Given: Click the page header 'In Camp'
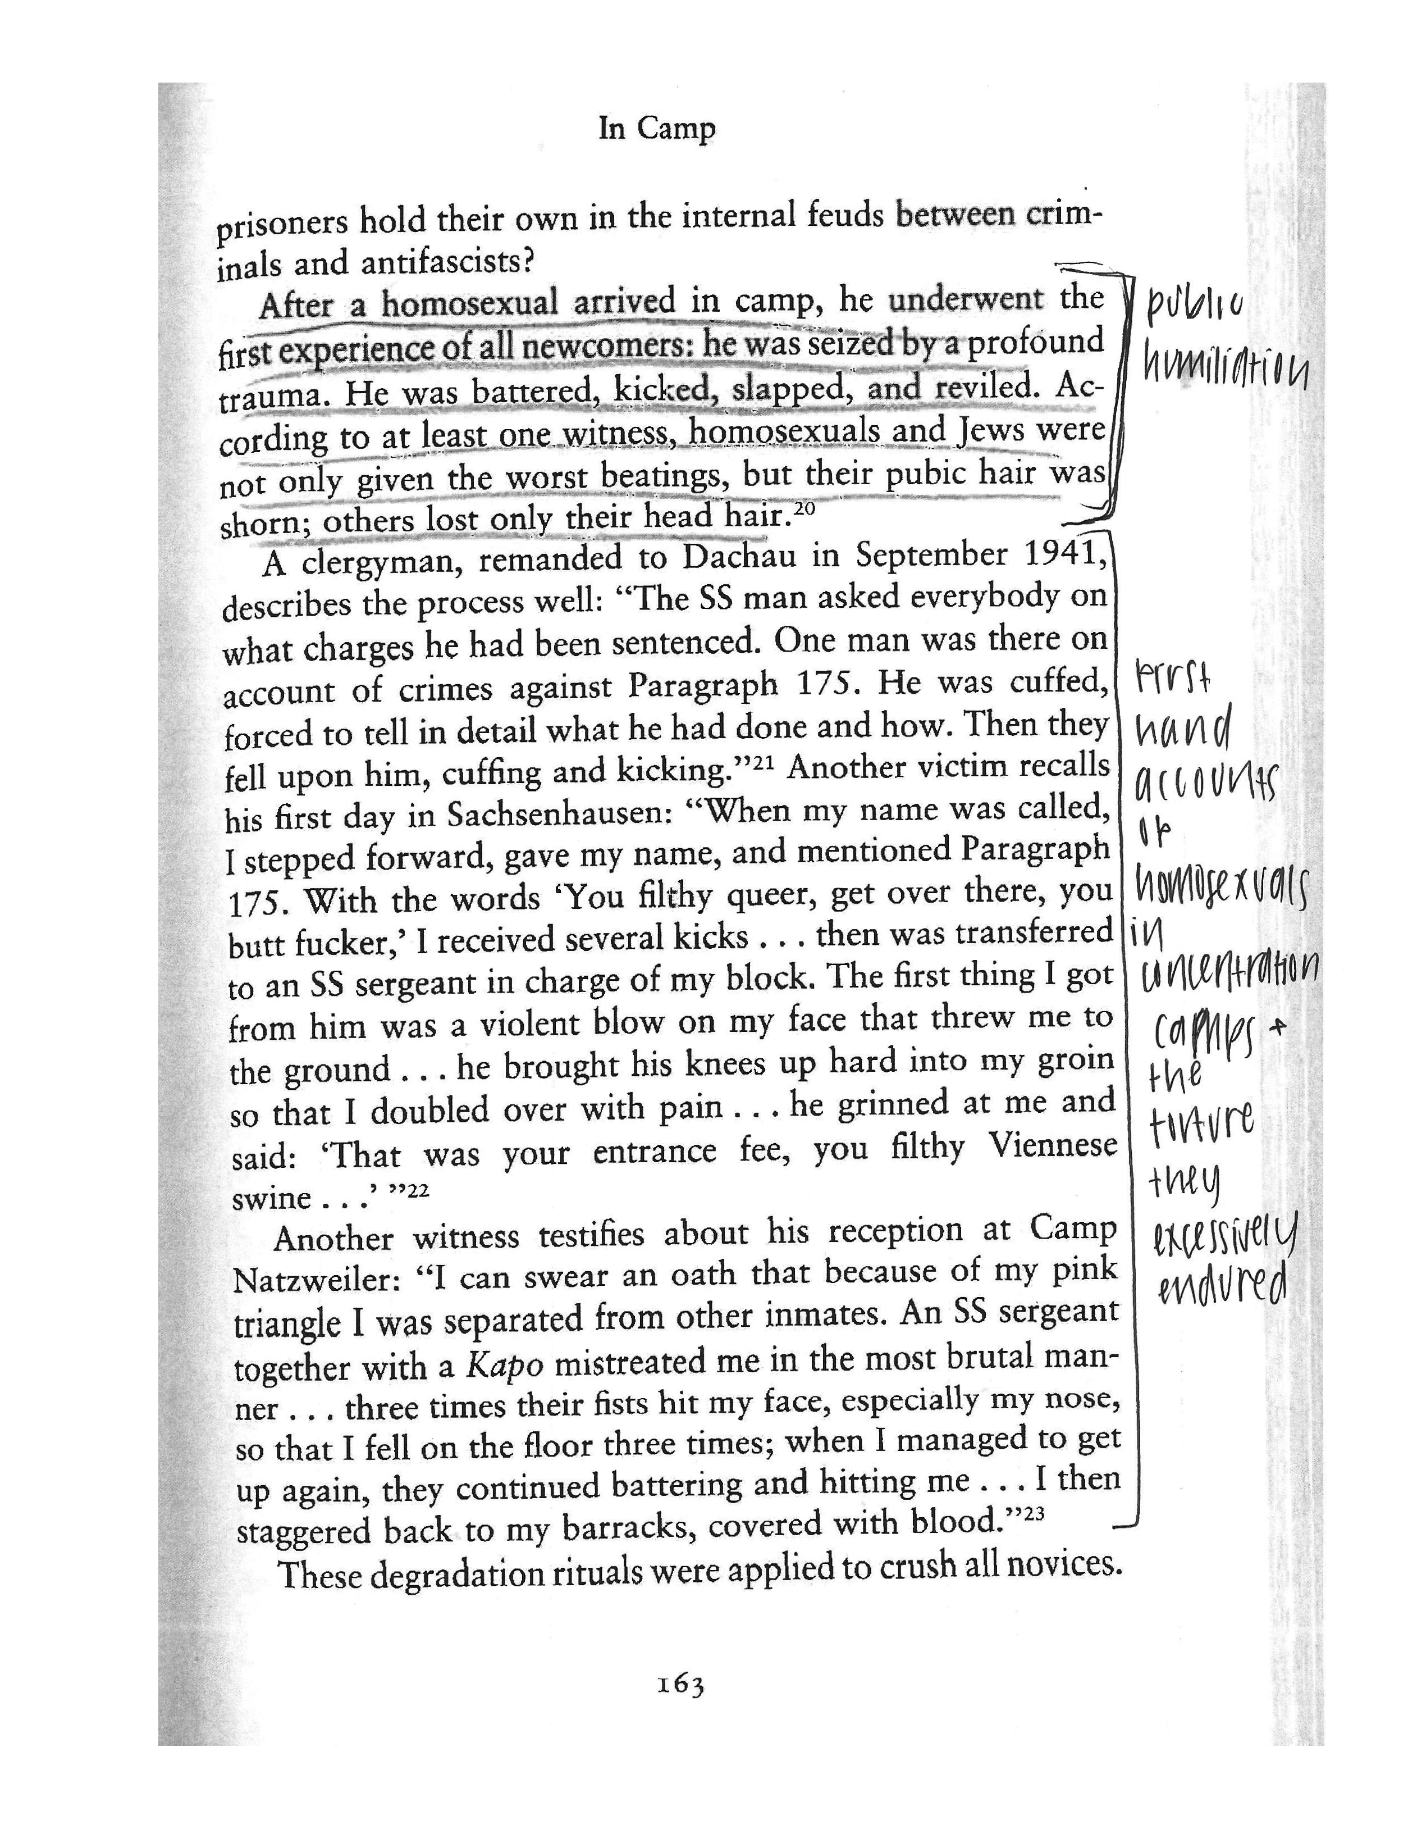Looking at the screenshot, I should [656, 130].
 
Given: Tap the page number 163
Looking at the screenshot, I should [680, 1684].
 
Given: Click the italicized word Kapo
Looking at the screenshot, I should [504, 1366].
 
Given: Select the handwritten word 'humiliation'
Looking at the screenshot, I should [1224, 368].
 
